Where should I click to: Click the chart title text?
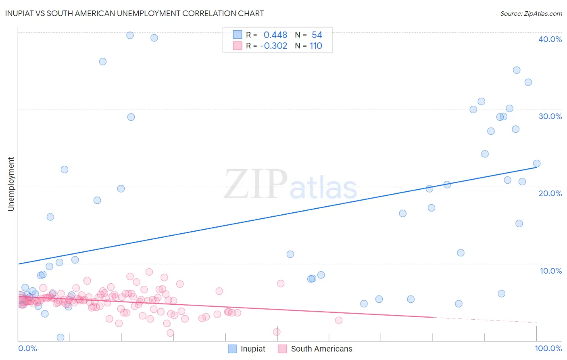tap(134, 13)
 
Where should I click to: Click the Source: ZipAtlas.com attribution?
tap(531, 13)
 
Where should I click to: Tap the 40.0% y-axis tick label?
tap(550, 39)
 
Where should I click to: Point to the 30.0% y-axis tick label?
tap(550, 116)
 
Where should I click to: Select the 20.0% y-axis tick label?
tap(550, 193)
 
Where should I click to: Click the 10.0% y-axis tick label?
tap(550, 271)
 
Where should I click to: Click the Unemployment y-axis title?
tap(11, 184)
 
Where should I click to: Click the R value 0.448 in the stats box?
tap(275, 35)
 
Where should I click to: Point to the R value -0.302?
tap(273, 46)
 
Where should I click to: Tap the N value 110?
tap(316, 46)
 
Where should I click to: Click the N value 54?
tap(317, 35)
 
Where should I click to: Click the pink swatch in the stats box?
tap(238, 46)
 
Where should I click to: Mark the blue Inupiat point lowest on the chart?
tap(60, 337)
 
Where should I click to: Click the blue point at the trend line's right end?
tap(536, 163)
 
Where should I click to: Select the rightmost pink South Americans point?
tap(338, 320)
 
